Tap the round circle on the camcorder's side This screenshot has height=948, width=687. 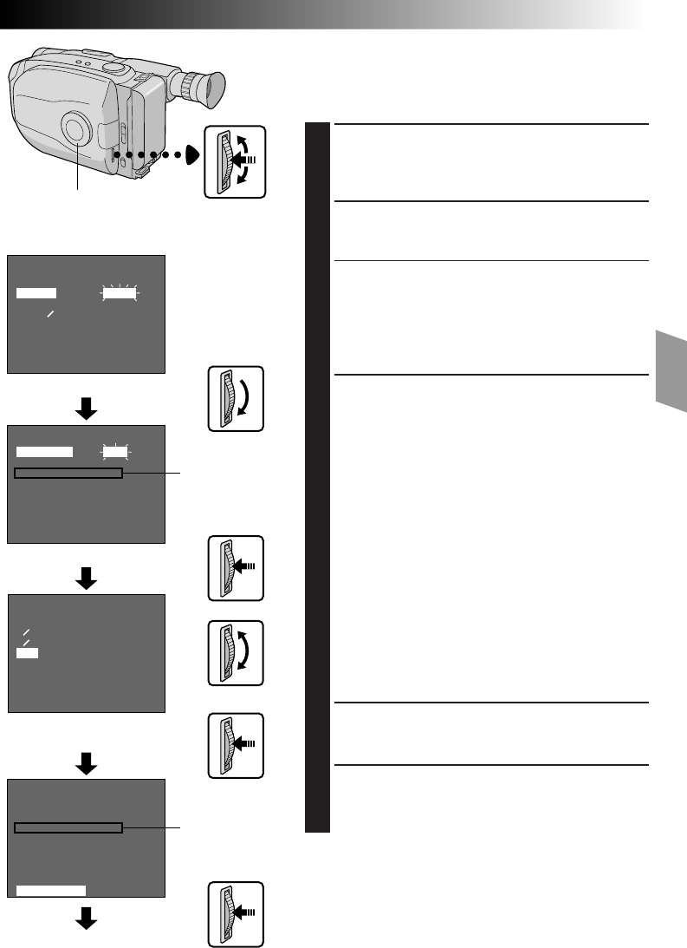pyautogui.click(x=76, y=129)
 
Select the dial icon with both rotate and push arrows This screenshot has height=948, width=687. pyautogui.click(x=236, y=160)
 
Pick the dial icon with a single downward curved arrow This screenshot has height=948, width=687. pyautogui.click(x=236, y=399)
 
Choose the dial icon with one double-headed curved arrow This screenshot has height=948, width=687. pyautogui.click(x=236, y=653)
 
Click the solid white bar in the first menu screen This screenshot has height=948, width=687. pyautogui.click(x=36, y=294)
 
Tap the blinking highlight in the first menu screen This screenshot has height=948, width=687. pyautogui.click(x=120, y=294)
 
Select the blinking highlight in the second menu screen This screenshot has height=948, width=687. pyautogui.click(x=113, y=452)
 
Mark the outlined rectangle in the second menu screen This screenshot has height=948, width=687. pyautogui.click(x=69, y=474)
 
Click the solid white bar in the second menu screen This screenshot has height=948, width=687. pyautogui.click(x=45, y=452)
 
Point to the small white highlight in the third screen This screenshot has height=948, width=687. pyautogui.click(x=27, y=652)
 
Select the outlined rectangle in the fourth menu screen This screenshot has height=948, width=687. pyautogui.click(x=69, y=828)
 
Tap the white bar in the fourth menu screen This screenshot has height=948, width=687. pyautogui.click(x=51, y=889)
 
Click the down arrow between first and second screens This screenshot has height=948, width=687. pyautogui.click(x=86, y=409)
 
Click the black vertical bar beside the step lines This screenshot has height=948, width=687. pyautogui.click(x=319, y=478)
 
